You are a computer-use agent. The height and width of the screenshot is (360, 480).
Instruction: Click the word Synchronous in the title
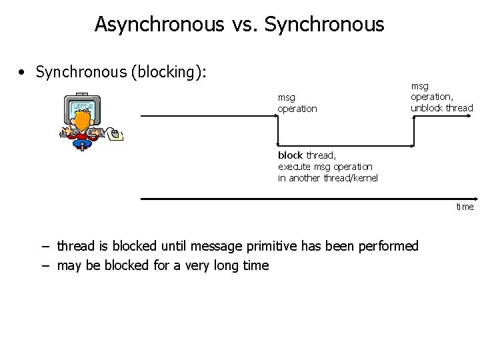(324, 25)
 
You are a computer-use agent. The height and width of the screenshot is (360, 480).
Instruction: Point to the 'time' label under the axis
(465, 207)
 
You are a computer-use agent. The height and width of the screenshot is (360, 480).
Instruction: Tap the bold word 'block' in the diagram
(291, 155)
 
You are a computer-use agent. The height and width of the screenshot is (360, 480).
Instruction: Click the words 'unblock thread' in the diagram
(441, 108)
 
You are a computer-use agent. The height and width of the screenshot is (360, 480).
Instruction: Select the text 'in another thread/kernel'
(327, 178)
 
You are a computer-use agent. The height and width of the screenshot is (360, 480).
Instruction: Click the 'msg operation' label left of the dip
(297, 103)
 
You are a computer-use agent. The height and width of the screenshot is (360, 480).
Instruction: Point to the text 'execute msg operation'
(325, 167)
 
